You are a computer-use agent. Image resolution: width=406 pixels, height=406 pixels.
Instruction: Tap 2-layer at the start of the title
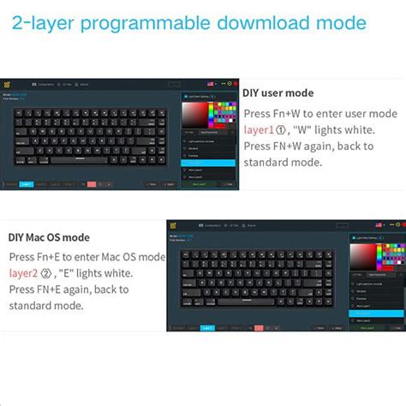pyautogui.click(x=42, y=22)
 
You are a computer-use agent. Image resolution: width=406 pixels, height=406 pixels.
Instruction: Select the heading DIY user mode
pyautogui.click(x=278, y=93)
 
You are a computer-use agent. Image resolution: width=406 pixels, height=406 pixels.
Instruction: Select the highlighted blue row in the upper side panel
pyautogui.click(x=209, y=162)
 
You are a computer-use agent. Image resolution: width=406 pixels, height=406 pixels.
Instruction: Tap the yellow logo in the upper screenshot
pyautogui.click(x=7, y=84)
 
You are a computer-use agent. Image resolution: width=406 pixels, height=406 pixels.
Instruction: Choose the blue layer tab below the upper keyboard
pyautogui.click(x=27, y=183)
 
